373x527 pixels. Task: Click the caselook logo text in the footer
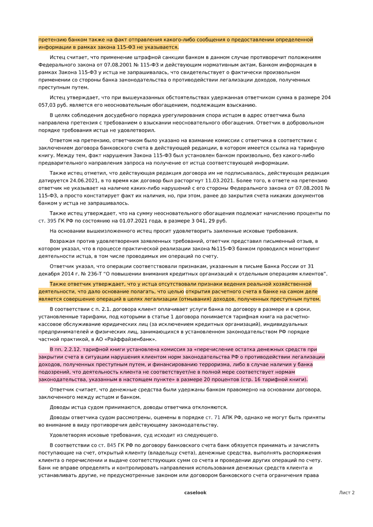tap(195, 493)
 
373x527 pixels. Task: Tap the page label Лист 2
tap(347, 493)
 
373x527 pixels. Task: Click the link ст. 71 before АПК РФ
tap(213, 417)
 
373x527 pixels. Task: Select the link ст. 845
tap(105, 445)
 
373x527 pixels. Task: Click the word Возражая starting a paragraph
tap(63, 241)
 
